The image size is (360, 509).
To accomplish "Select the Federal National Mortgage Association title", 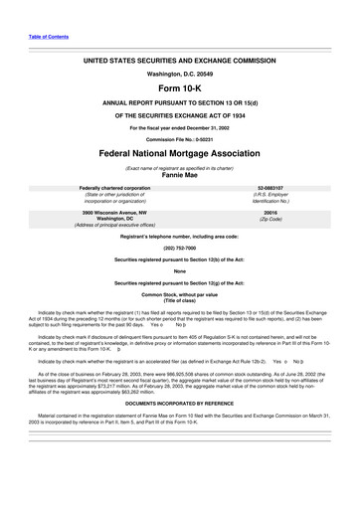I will point(180,155).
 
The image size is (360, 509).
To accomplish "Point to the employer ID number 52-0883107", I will point(270,187).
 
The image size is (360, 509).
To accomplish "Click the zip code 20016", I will point(270,213).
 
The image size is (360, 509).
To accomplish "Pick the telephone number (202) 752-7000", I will point(180,248).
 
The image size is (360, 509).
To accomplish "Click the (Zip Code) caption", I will point(270,220).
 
